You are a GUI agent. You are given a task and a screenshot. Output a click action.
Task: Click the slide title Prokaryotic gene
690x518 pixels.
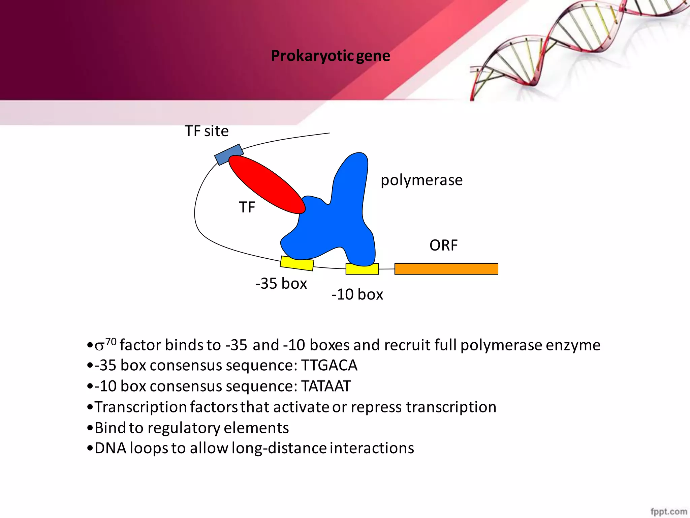tap(331, 56)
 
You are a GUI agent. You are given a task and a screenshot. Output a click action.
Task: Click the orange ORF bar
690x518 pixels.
tap(446, 269)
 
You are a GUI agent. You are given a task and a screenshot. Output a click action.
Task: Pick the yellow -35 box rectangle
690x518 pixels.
tap(297, 263)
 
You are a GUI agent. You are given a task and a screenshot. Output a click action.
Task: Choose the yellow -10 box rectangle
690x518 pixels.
tap(362, 269)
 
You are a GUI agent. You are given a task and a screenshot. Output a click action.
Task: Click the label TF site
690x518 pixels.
tap(207, 131)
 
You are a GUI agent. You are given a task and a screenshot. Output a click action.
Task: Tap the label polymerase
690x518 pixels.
tap(421, 180)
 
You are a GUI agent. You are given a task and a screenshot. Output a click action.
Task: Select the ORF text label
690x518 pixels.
tap(443, 246)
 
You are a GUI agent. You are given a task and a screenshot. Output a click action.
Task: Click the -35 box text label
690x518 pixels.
tap(281, 284)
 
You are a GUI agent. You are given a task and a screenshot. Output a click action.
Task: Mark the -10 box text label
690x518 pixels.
tap(357, 295)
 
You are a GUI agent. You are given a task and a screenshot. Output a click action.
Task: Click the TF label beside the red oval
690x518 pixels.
tap(247, 207)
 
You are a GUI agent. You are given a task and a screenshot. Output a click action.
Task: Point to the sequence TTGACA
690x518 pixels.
tap(329, 366)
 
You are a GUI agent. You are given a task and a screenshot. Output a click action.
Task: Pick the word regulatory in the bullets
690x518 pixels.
tap(184, 428)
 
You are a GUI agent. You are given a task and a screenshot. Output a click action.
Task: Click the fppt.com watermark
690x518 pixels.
tap(669, 512)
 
